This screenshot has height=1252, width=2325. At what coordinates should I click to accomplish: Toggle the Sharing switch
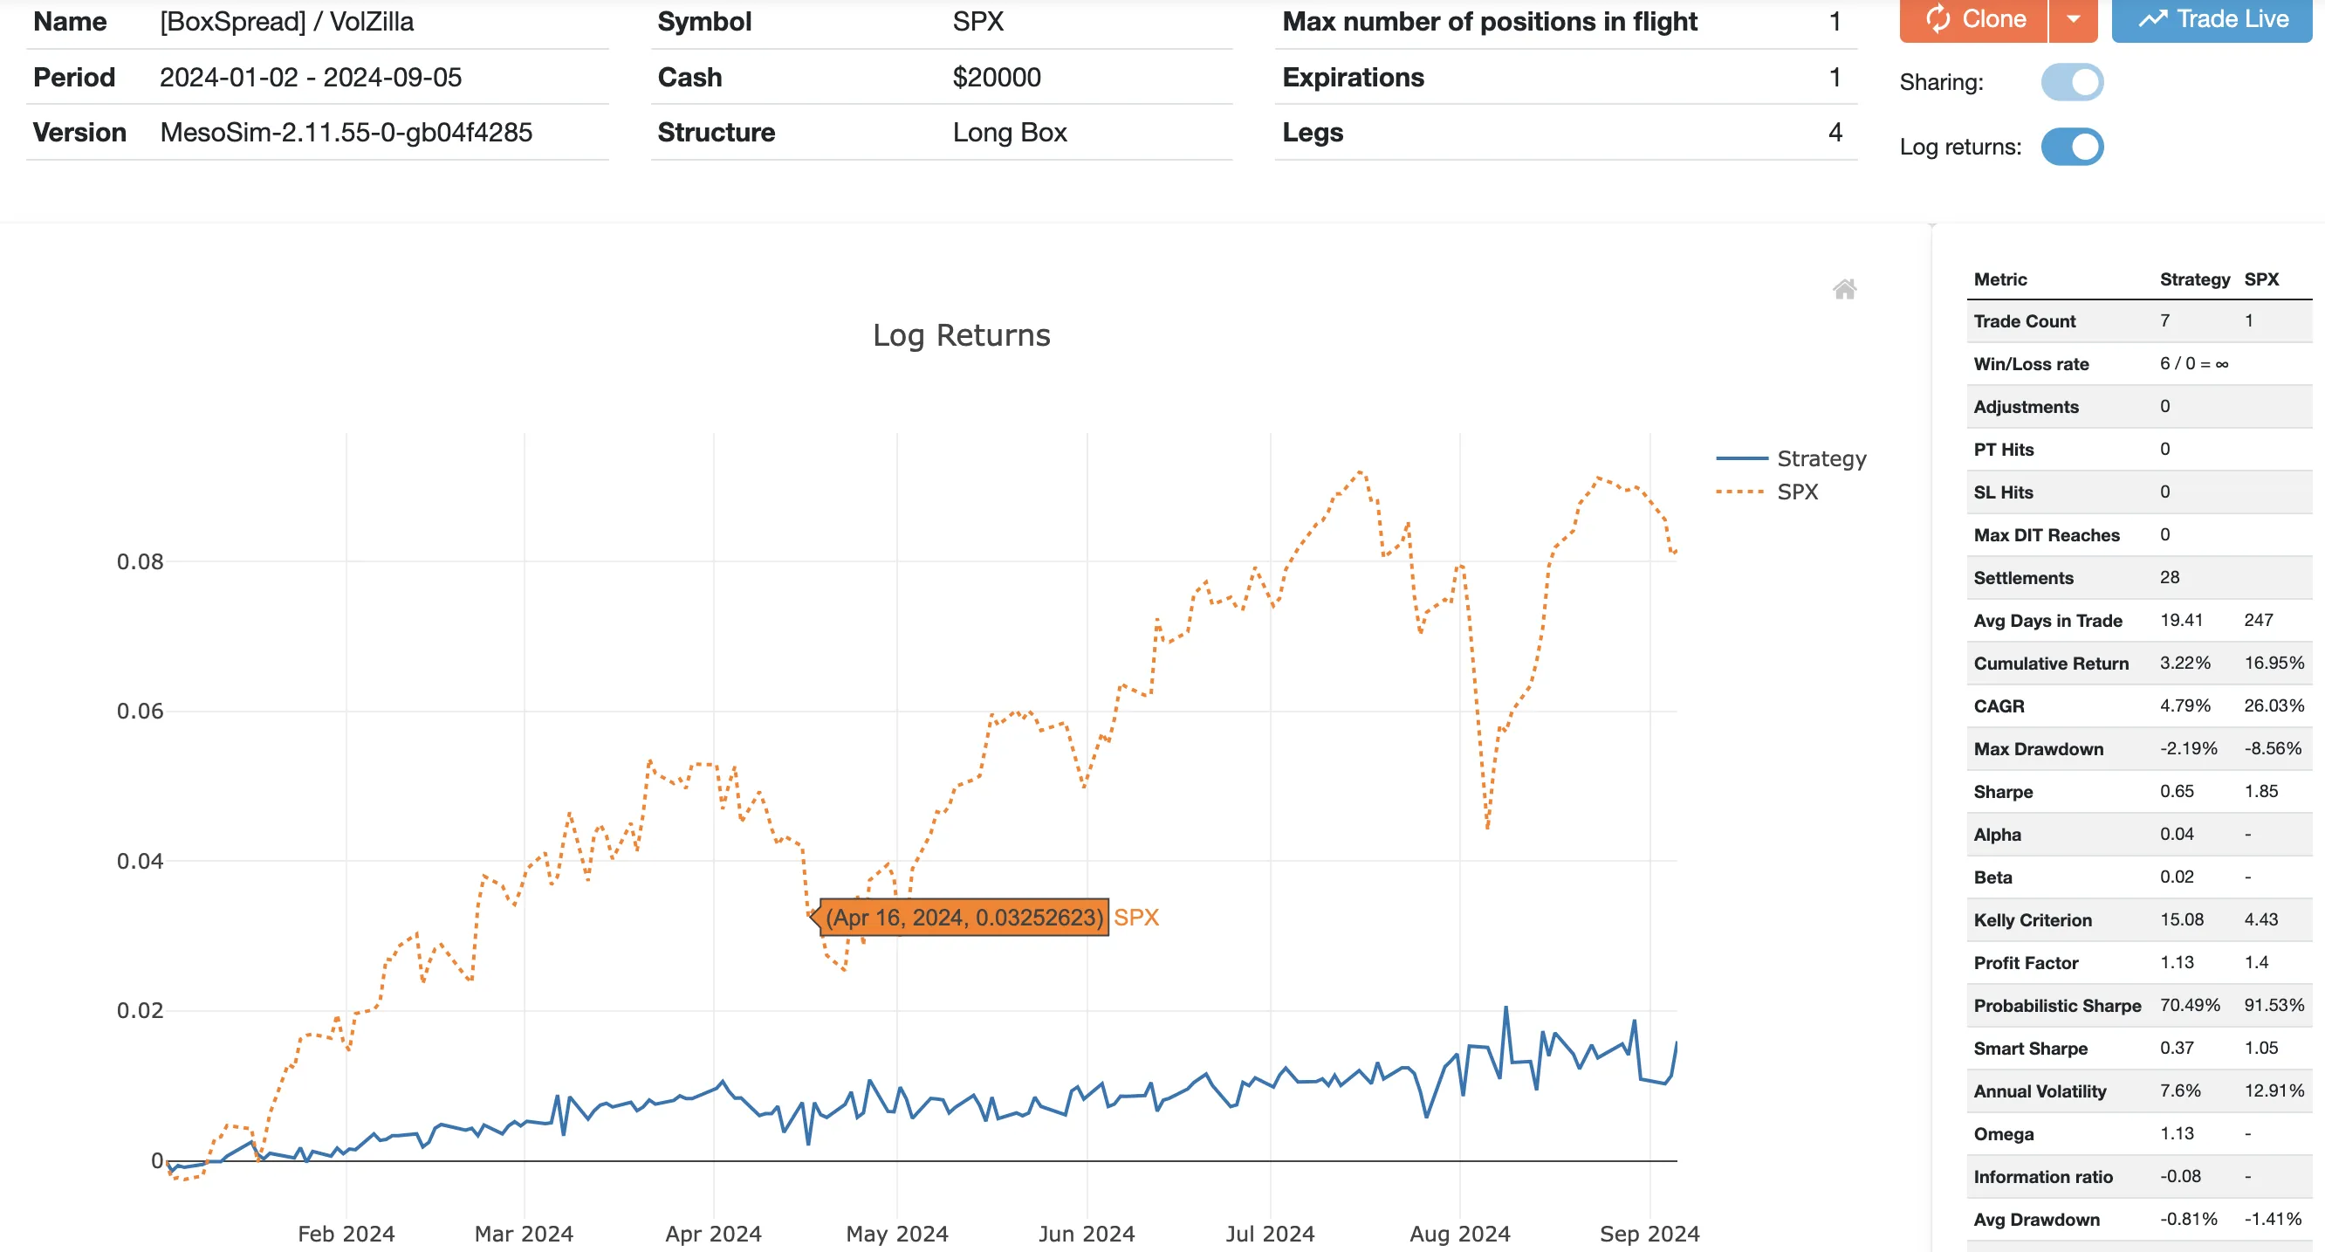point(2071,82)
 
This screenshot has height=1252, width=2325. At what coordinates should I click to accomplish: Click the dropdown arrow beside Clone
point(2073,20)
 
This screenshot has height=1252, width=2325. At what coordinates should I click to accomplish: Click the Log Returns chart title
point(961,336)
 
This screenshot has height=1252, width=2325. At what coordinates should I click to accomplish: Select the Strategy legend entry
point(1821,458)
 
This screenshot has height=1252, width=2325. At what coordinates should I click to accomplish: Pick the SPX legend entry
point(1797,492)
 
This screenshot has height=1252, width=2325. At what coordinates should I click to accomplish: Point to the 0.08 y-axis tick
point(140,562)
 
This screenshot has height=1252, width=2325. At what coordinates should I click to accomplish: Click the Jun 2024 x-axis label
point(1086,1233)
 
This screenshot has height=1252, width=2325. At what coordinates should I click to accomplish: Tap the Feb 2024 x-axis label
point(346,1233)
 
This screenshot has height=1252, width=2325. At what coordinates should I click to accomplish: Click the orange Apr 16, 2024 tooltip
point(964,918)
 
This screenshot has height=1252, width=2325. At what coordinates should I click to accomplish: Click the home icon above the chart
point(1844,289)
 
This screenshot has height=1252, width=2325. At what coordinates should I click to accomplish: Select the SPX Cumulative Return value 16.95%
point(2274,664)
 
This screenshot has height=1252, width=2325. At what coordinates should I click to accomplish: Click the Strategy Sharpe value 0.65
point(2176,792)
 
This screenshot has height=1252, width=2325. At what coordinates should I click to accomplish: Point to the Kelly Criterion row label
point(2032,920)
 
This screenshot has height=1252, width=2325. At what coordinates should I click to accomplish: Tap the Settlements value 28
point(2169,578)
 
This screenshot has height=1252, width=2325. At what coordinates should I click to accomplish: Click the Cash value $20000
point(997,78)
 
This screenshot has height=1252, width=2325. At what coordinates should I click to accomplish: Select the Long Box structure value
point(1009,133)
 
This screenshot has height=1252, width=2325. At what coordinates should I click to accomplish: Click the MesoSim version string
point(346,133)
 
